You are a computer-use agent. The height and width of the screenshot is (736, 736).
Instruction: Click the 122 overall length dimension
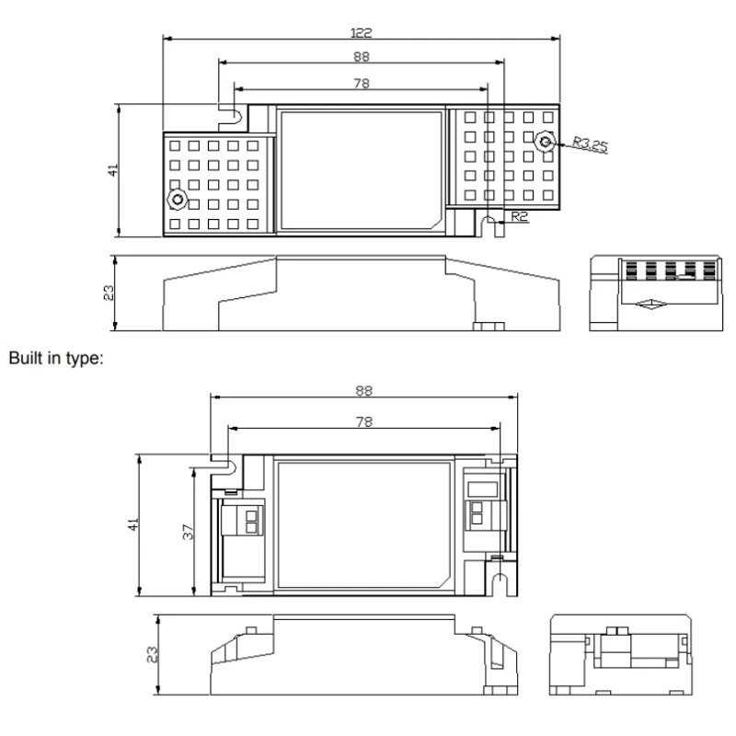point(362,32)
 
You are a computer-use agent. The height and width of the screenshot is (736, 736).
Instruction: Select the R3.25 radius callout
point(589,144)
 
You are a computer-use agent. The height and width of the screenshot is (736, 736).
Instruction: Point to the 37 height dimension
point(189,532)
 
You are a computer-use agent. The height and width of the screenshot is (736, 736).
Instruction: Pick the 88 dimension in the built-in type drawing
point(363,390)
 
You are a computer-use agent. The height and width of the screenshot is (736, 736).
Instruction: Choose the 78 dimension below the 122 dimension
point(362,83)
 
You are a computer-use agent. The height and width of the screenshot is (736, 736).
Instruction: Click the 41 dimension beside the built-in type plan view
point(133,524)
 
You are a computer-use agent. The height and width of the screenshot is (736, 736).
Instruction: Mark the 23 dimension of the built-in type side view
point(153,654)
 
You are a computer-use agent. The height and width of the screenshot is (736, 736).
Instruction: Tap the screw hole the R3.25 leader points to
point(546,143)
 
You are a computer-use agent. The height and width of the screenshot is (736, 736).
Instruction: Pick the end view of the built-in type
point(619,652)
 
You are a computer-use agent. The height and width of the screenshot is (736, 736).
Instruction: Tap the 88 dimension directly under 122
point(362,57)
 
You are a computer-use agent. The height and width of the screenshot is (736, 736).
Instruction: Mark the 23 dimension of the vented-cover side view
point(108,293)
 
